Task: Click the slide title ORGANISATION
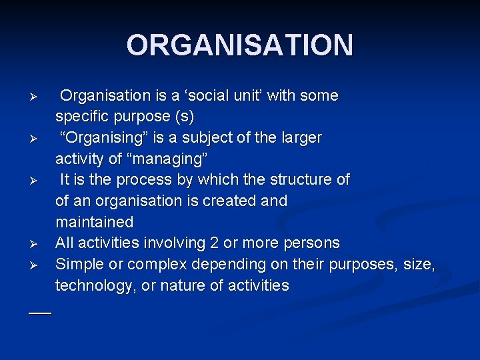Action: pos(240,45)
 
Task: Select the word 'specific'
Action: pos(84,117)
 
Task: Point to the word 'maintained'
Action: pos(95,222)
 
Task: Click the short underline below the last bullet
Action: pos(40,312)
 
